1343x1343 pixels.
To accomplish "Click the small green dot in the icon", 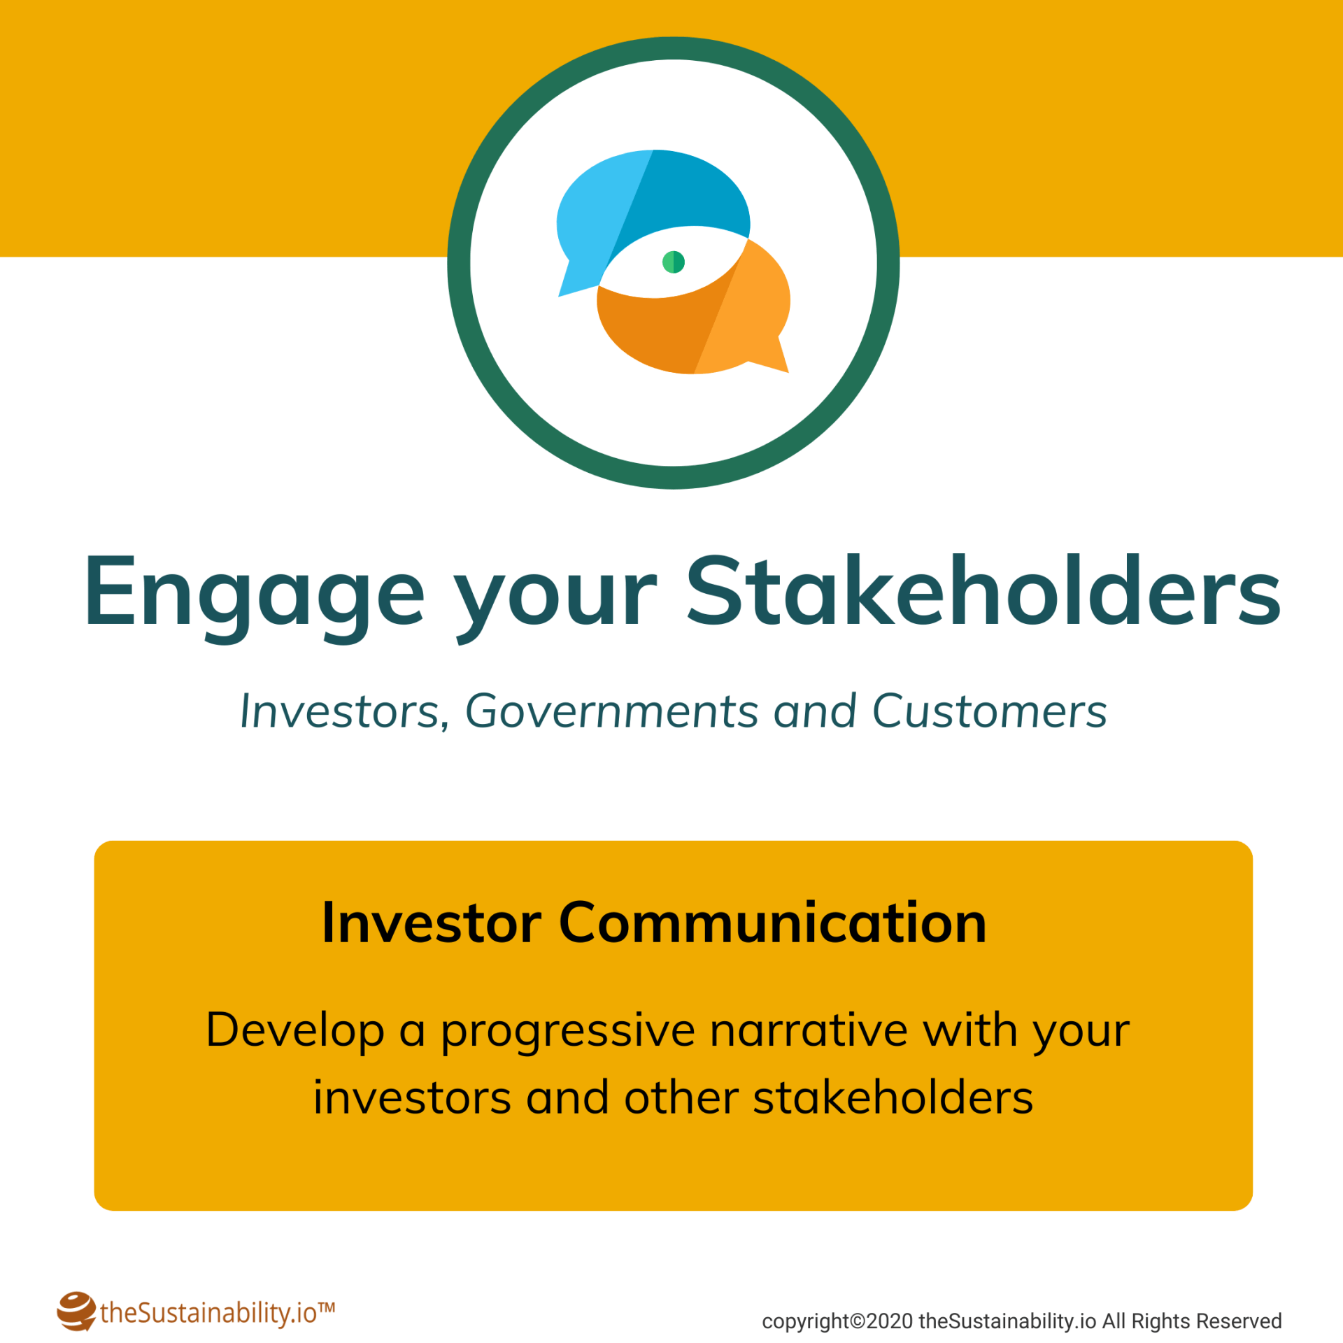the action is coord(673,262).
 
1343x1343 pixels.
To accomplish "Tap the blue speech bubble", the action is coord(630,203).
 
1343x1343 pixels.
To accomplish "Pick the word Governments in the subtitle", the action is coord(612,711).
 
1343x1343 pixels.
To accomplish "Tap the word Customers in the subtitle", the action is coord(989,711).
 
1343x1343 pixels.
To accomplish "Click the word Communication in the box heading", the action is coord(773,923).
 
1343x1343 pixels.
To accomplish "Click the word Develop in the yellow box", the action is coord(295,1032).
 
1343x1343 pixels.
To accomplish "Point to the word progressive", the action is coord(568,1032).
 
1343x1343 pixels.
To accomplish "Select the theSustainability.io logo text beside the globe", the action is coord(208,1313).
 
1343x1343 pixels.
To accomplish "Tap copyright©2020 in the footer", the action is coord(837,1321).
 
